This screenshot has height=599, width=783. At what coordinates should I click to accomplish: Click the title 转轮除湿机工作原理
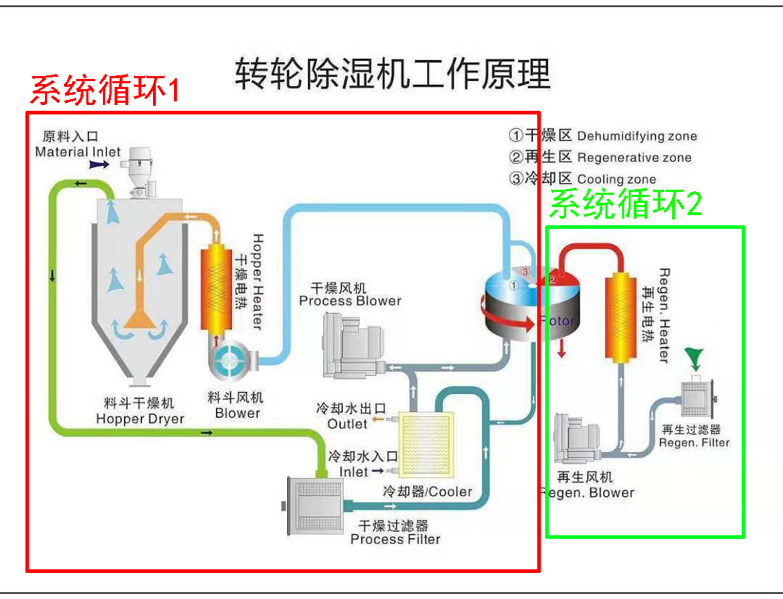[392, 73]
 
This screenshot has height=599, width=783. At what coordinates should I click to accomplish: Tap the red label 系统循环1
[104, 91]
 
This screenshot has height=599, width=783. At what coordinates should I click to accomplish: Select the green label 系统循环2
[625, 205]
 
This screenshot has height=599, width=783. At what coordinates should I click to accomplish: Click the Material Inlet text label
[78, 152]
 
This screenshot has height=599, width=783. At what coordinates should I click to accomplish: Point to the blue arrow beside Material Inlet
[99, 165]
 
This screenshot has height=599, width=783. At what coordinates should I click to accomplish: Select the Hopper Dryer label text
[140, 419]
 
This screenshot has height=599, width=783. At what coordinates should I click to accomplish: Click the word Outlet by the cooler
[347, 424]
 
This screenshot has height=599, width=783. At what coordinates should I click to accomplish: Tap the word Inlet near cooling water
[354, 472]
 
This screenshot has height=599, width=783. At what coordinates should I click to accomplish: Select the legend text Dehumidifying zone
[637, 136]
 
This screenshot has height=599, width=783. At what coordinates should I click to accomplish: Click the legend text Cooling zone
[616, 179]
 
